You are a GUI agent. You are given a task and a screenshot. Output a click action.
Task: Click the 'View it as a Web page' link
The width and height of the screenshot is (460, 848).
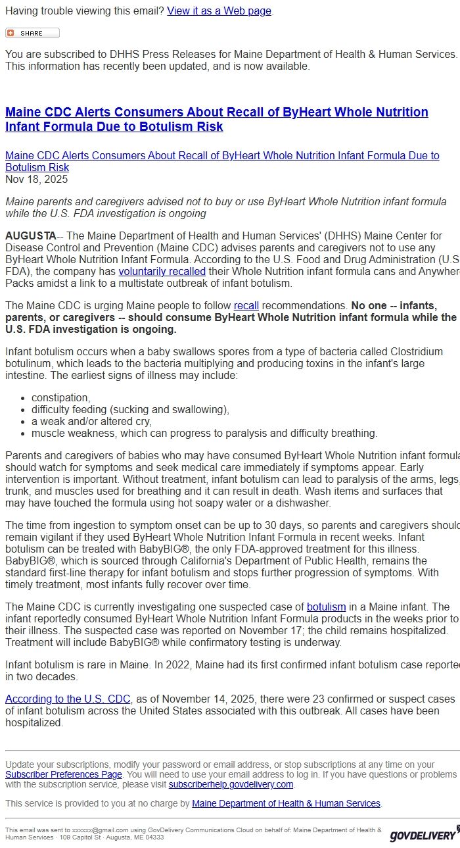(x=219, y=11)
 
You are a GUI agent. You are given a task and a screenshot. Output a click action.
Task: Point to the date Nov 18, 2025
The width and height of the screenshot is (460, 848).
(x=36, y=180)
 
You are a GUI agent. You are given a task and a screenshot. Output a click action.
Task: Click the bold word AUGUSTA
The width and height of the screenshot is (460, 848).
(x=30, y=236)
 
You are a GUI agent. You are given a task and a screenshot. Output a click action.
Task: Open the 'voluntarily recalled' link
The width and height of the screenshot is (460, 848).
(x=162, y=272)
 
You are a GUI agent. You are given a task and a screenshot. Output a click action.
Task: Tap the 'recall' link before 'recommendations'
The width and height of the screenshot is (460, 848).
(x=246, y=306)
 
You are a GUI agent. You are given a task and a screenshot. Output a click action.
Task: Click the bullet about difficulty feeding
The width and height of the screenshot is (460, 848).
(x=130, y=410)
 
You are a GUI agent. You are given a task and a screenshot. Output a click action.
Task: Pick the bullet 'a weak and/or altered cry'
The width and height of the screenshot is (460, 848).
(x=91, y=422)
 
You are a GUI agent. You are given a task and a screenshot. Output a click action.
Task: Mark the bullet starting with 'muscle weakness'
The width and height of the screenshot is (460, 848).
(x=204, y=434)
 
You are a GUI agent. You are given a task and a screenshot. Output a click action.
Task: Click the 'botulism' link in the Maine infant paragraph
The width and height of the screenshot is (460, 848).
(x=326, y=607)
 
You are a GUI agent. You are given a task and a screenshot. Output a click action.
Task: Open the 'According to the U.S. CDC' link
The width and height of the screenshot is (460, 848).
(x=68, y=699)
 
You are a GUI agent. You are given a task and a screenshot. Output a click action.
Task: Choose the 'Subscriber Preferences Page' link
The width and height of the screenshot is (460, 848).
(x=64, y=774)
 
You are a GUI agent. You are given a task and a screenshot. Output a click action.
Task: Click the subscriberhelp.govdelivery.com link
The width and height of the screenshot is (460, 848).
(x=231, y=785)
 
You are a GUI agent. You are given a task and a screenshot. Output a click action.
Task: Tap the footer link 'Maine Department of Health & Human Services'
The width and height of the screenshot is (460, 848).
(x=286, y=803)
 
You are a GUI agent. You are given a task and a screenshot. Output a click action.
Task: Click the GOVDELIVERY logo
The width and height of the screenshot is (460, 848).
(x=423, y=834)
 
